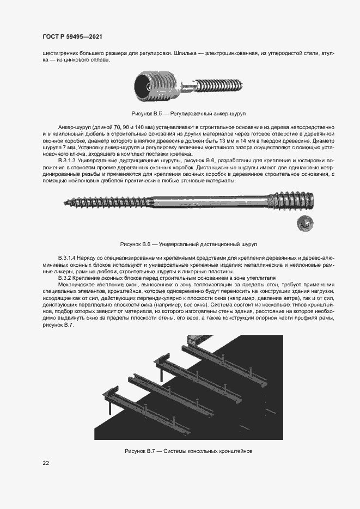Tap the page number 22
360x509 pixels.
click(x=46, y=463)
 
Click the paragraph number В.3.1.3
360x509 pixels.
click(x=69, y=162)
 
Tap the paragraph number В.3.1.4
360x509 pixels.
click(x=69, y=256)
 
